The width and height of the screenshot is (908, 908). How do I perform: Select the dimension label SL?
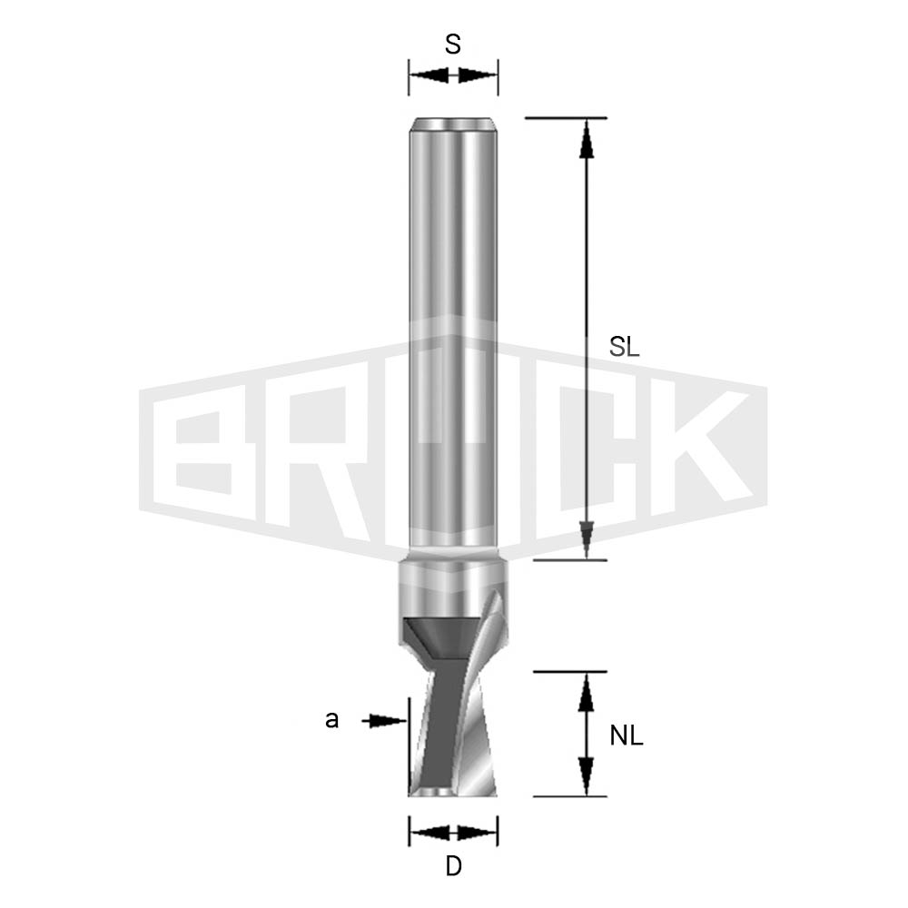(626, 346)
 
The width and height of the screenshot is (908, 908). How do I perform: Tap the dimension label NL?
(627, 736)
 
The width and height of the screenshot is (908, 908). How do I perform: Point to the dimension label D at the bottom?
(453, 867)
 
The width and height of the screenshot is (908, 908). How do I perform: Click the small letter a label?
(332, 720)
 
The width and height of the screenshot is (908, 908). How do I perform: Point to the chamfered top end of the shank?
(453, 124)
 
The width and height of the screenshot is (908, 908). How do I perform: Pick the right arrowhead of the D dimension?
(481, 831)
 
